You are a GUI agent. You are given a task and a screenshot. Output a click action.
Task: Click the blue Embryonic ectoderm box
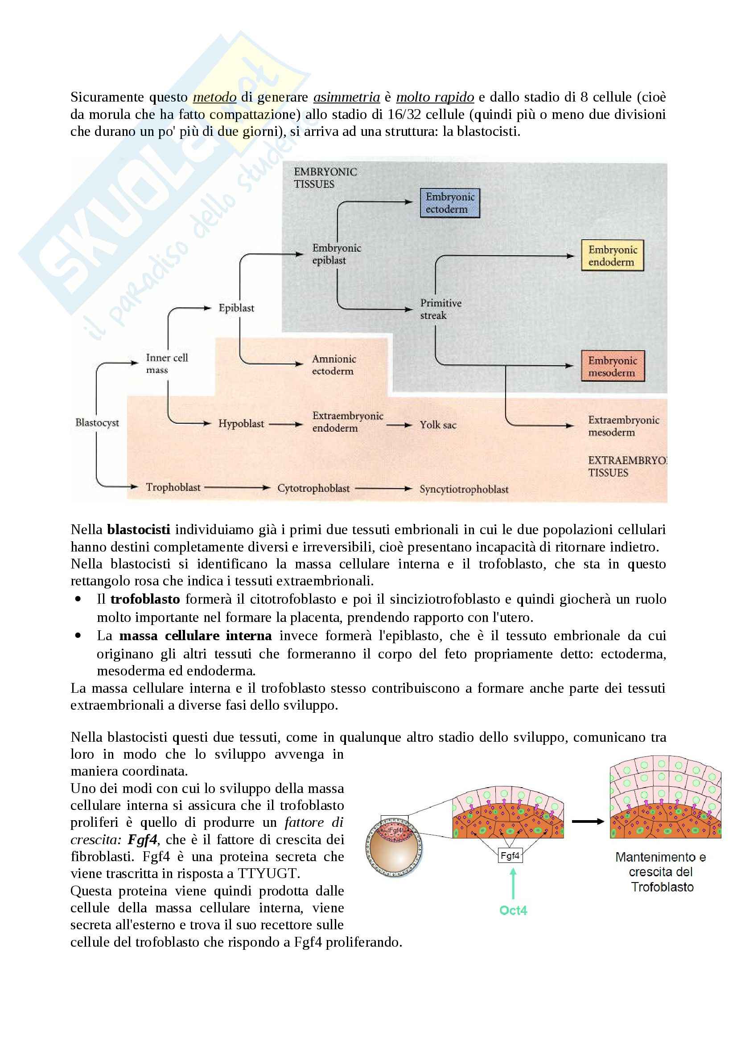(449, 203)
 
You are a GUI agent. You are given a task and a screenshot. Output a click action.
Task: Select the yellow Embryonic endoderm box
(613, 256)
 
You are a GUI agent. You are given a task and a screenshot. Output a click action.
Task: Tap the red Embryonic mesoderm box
(613, 366)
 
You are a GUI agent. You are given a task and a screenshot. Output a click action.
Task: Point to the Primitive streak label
(440, 309)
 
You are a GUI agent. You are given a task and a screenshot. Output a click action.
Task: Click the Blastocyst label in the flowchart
(97, 422)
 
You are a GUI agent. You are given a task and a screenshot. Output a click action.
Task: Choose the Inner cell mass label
(166, 364)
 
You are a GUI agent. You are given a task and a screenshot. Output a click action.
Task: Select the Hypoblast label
(241, 424)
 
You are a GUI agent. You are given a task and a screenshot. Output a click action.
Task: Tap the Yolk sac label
(438, 425)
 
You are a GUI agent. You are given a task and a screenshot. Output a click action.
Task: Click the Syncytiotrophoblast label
(464, 489)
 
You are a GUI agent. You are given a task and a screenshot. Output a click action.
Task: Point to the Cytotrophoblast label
(313, 488)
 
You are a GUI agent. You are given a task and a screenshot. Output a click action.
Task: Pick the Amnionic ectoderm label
(334, 365)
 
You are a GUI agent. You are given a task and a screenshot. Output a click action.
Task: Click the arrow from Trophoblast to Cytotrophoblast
(237, 487)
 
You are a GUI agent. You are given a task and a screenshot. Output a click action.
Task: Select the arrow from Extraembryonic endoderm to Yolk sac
(399, 425)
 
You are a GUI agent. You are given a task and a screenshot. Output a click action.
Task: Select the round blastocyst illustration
(394, 847)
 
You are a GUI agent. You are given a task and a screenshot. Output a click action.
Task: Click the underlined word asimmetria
(346, 97)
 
